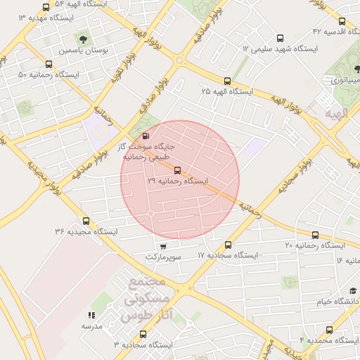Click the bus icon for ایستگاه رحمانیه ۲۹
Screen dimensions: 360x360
click(x=176, y=169)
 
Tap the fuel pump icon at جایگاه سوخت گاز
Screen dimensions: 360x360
click(x=146, y=135)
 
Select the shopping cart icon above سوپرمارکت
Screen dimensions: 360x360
click(x=163, y=246)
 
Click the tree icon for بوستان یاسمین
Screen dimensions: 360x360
click(x=84, y=39)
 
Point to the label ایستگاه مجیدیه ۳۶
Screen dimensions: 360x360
click(x=86, y=231)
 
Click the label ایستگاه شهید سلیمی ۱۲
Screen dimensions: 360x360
click(x=280, y=49)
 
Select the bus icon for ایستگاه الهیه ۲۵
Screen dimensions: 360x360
click(x=227, y=81)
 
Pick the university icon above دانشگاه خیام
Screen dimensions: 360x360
click(x=352, y=290)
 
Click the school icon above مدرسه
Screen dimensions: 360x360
click(x=91, y=316)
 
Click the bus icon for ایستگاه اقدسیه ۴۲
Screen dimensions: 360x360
click(x=342, y=21)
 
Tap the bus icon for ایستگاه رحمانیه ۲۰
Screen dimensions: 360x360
click(x=314, y=235)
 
